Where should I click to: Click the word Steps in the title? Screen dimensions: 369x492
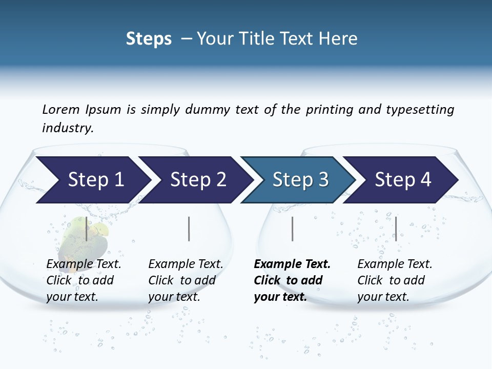click(149, 39)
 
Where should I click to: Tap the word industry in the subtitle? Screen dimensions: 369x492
click(68, 128)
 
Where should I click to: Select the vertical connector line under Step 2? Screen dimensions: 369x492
click(189, 229)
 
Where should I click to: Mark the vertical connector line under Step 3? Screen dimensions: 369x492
click(292, 229)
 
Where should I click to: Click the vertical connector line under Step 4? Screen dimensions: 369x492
click(396, 229)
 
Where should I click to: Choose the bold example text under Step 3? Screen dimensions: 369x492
click(291, 280)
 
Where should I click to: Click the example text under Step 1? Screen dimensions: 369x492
click(83, 280)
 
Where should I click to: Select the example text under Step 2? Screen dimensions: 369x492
click(185, 280)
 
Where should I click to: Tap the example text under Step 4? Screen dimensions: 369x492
click(394, 280)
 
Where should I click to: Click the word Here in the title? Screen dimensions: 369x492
click(338, 39)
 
